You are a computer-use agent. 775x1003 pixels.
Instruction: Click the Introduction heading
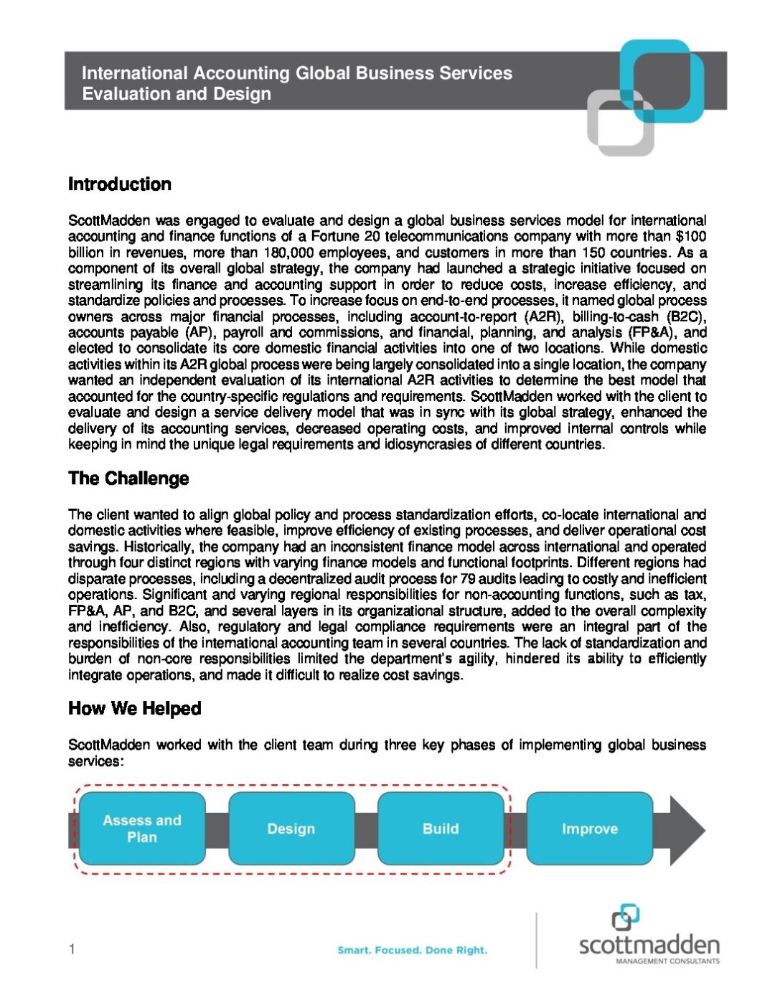pyautogui.click(x=120, y=184)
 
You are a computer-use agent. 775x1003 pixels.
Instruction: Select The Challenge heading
pyautogui.click(x=128, y=479)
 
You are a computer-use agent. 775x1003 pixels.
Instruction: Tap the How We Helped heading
pyautogui.click(x=134, y=709)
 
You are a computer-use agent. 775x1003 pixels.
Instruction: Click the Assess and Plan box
pyautogui.click(x=142, y=829)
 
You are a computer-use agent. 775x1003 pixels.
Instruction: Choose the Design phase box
pyautogui.click(x=291, y=829)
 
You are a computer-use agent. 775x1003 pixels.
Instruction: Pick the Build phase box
pyautogui.click(x=441, y=829)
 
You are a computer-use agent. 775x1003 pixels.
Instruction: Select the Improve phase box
pyautogui.click(x=590, y=829)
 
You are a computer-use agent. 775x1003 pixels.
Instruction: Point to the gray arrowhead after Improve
pyautogui.click(x=686, y=830)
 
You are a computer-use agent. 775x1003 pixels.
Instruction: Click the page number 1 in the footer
pyautogui.click(x=72, y=950)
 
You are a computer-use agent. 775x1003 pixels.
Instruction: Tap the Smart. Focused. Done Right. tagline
pyautogui.click(x=412, y=950)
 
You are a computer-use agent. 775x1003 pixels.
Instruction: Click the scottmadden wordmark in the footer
pyautogui.click(x=649, y=944)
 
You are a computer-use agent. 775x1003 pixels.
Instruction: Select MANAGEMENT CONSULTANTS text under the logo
pyautogui.click(x=667, y=961)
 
